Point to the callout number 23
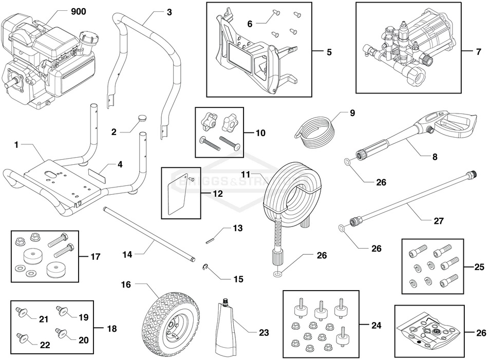[x=264, y=333]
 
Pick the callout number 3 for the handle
[x=169, y=12]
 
